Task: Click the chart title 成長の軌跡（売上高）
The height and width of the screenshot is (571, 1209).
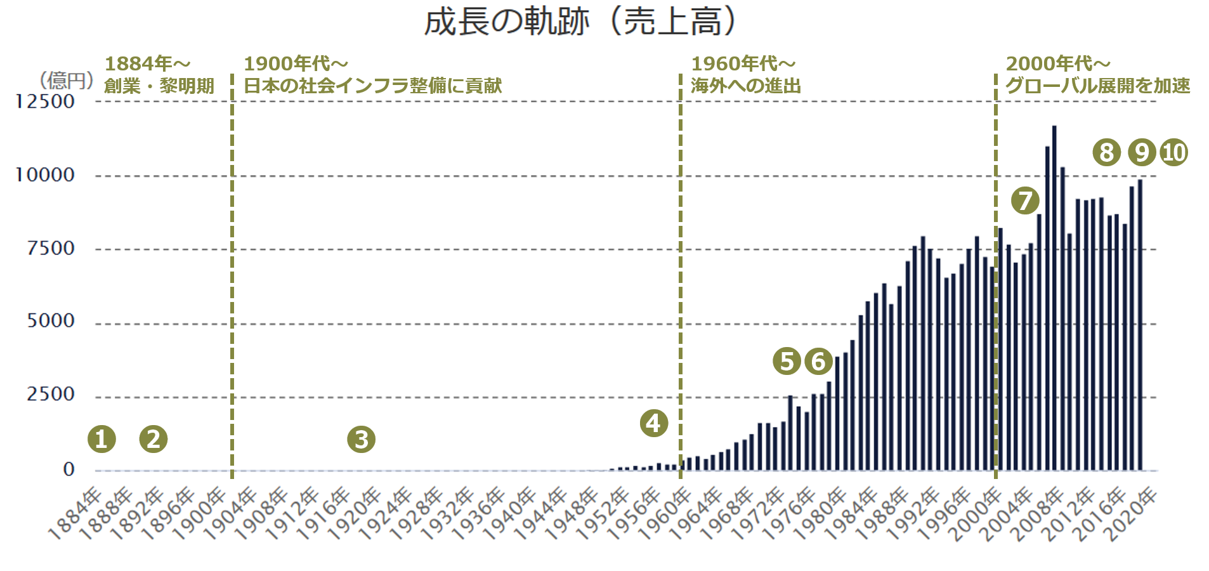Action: [580, 22]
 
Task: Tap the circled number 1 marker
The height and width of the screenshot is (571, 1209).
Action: [101, 439]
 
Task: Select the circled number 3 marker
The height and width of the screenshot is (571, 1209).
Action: [362, 439]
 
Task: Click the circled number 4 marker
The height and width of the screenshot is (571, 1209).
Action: [654, 423]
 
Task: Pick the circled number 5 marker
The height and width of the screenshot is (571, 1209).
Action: [787, 361]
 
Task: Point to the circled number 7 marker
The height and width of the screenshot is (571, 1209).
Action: [1025, 201]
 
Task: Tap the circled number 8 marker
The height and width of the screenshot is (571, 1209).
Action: [1107, 152]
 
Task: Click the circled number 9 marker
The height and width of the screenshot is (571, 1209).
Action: [1142, 152]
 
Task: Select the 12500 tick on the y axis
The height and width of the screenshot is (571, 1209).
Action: [45, 102]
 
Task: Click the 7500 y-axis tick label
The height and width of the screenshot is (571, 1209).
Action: [51, 248]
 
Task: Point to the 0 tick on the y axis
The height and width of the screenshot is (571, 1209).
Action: [69, 469]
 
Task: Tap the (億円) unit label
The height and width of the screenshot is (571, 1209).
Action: [66, 81]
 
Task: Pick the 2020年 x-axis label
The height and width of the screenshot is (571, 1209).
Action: [1132, 515]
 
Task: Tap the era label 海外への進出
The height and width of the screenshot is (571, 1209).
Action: [746, 86]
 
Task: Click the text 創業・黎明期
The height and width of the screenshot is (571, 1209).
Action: [159, 86]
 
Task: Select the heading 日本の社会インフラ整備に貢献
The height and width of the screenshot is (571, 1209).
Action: [373, 86]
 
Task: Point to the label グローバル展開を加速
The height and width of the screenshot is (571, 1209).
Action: [1098, 86]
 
